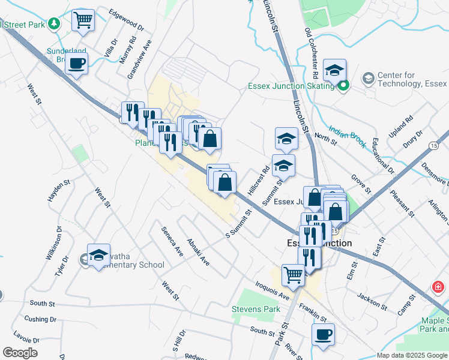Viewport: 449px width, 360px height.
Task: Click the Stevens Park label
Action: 256,309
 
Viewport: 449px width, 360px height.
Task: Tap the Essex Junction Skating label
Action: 291,86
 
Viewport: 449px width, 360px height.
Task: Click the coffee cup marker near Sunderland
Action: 76,63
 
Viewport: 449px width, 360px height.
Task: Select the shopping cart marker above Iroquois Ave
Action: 293,275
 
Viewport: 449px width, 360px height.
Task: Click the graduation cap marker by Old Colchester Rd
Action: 334,70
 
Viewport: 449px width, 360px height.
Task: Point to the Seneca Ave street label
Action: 170,241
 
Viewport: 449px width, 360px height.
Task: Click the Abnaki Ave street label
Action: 198,253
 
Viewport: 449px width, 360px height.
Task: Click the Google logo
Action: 20,353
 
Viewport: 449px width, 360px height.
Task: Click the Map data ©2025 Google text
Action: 411,355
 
